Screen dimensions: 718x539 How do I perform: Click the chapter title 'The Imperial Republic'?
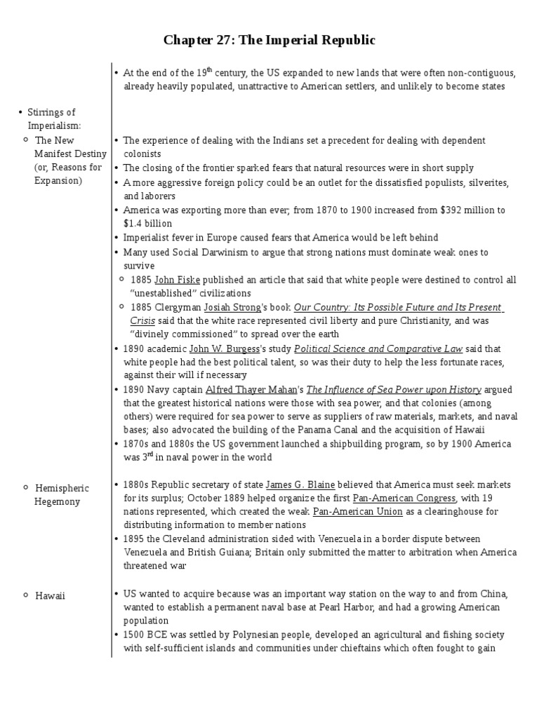tap(269, 41)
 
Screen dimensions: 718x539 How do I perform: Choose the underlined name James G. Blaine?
tap(300, 485)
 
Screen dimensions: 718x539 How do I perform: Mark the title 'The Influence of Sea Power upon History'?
tap(394, 390)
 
